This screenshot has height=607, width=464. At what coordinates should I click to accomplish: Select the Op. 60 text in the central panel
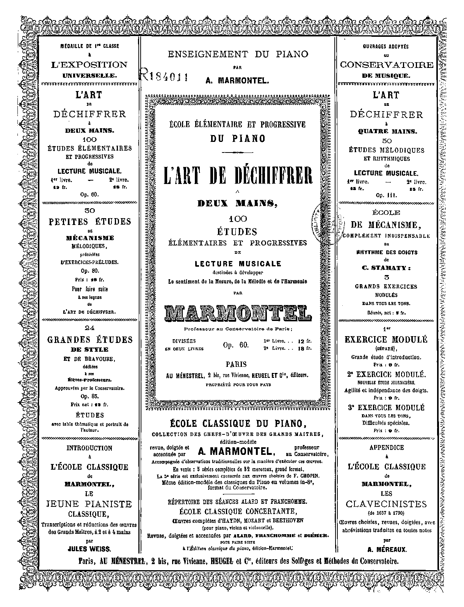(235, 345)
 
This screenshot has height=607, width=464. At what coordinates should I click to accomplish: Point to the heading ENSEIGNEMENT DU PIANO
(238, 54)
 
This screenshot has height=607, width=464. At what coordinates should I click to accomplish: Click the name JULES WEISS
(90, 549)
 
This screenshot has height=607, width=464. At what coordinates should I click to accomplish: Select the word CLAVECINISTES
(386, 504)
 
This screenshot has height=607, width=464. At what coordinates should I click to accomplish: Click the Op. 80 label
(90, 271)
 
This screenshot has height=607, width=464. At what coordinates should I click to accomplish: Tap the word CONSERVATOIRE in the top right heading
(386, 65)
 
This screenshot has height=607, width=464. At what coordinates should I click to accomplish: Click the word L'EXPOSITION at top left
(90, 65)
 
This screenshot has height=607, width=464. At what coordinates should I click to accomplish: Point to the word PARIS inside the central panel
(236, 365)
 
